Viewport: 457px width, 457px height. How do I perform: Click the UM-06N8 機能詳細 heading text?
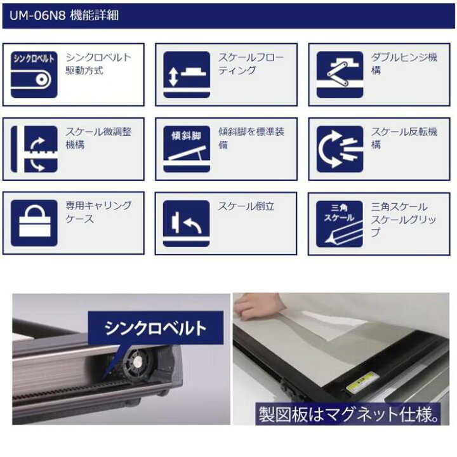[x=64, y=15]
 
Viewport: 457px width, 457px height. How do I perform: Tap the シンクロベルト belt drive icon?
[x=34, y=75]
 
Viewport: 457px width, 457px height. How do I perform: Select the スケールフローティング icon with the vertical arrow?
[x=187, y=75]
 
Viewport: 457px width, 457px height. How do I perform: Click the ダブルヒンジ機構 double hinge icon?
[x=340, y=75]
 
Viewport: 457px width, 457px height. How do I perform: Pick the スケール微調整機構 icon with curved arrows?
[x=34, y=149]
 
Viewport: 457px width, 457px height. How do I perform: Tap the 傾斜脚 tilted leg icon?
[x=187, y=149]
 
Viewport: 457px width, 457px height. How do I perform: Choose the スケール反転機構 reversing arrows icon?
[x=340, y=149]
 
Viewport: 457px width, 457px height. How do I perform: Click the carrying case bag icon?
[x=34, y=223]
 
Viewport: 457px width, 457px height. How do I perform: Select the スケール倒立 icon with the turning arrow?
[x=186, y=223]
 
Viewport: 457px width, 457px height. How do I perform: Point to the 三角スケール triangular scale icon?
[x=340, y=224]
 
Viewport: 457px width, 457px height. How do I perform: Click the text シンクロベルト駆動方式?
[x=98, y=64]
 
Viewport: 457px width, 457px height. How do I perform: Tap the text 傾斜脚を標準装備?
[x=251, y=138]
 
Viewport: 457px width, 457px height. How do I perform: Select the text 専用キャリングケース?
[x=98, y=212]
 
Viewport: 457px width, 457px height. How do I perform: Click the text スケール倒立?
[x=246, y=206]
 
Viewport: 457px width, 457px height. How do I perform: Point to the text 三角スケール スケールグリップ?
[x=404, y=220]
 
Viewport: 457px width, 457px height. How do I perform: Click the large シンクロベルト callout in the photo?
[x=156, y=328]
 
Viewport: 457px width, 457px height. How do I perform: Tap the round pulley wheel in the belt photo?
[x=138, y=362]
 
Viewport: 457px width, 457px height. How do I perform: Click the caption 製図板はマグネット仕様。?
[x=348, y=414]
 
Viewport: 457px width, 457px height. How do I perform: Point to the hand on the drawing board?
[x=256, y=307]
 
